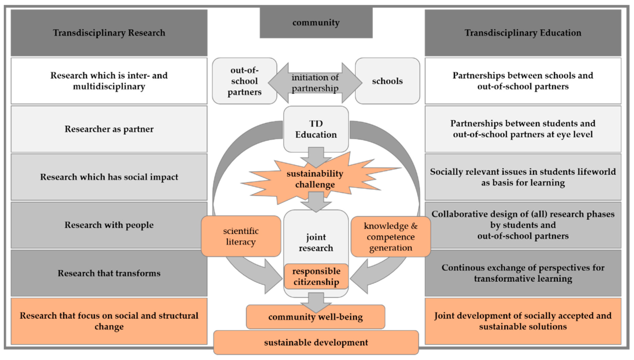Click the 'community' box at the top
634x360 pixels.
316,23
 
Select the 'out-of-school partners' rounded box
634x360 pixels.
244,81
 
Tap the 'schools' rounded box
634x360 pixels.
387,81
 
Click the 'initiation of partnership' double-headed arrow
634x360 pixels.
316,83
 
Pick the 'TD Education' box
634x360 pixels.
316,129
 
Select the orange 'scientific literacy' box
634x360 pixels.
241,236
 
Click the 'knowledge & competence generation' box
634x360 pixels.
391,237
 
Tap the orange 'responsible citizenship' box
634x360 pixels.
316,277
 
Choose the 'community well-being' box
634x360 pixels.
316,317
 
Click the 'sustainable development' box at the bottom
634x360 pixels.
316,342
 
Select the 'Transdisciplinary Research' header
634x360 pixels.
109,33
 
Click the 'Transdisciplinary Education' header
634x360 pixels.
523,33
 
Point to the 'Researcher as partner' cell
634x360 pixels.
109,129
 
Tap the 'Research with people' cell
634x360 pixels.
109,225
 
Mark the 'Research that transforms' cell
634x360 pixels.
109,273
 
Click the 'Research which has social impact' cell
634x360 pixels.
109,177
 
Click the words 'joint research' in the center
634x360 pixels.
316,243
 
